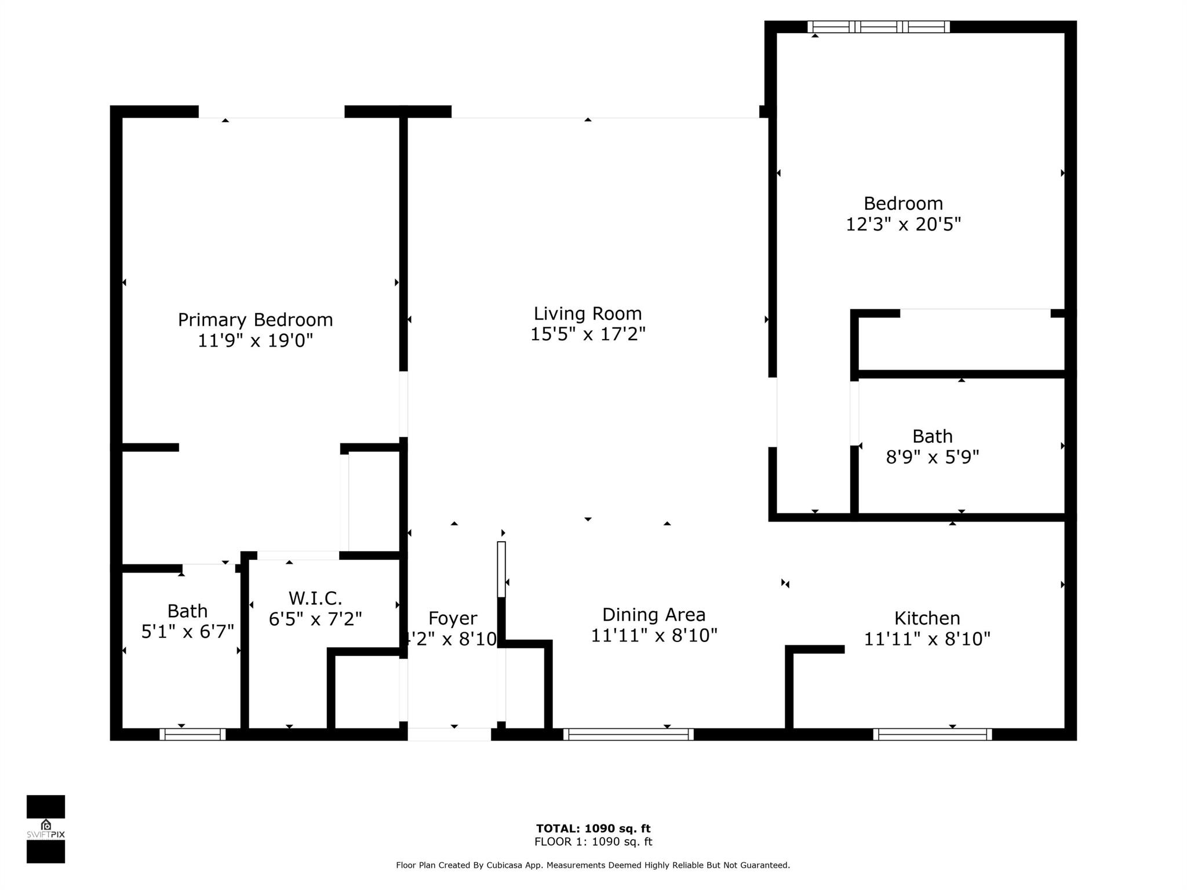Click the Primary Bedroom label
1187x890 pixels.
[x=255, y=320]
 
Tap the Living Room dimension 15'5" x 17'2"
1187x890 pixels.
[x=588, y=334]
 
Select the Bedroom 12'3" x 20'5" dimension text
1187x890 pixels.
[x=903, y=224]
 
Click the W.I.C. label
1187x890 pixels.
[x=315, y=598]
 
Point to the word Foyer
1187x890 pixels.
[x=453, y=618]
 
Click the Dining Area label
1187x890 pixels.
[x=654, y=615]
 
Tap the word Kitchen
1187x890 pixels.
[x=927, y=618]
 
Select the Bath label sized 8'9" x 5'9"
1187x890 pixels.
[x=932, y=436]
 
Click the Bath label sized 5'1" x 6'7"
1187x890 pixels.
[x=187, y=611]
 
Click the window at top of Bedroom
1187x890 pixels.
[x=878, y=27]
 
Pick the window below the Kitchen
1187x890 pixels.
[x=932, y=734]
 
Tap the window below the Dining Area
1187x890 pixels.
[x=628, y=734]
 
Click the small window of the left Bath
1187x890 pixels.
[x=192, y=734]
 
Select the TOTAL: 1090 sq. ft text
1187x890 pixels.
[x=593, y=829]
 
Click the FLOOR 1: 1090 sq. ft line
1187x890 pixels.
[x=593, y=842]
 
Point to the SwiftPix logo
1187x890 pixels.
[x=46, y=829]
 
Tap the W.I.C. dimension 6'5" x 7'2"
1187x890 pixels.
[x=315, y=619]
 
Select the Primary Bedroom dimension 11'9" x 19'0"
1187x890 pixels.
[x=255, y=341]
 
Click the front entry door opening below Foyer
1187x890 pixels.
[x=449, y=734]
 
